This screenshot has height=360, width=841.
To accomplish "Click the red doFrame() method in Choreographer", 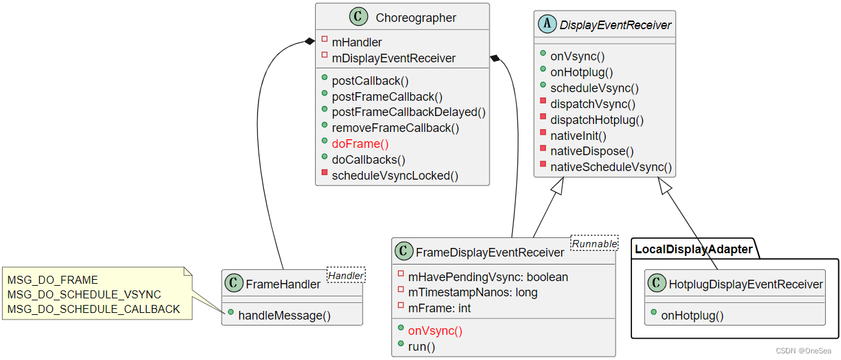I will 360,144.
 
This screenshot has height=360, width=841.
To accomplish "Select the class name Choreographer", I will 416,18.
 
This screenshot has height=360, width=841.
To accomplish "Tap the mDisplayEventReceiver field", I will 393,58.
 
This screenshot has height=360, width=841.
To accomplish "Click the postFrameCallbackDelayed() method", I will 409,112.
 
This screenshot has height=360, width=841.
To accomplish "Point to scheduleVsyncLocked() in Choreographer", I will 395,176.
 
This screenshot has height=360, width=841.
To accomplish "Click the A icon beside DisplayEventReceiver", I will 548,25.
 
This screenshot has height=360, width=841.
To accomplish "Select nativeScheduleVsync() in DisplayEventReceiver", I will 611,168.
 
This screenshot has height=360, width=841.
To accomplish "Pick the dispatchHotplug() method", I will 597,120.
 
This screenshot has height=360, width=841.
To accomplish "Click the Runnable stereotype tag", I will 594,243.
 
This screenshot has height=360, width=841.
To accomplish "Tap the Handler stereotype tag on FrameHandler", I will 346,275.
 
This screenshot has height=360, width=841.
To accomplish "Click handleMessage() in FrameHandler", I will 285,316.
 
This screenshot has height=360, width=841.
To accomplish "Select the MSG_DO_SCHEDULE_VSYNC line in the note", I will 84,294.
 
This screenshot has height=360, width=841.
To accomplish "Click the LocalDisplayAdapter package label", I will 693,249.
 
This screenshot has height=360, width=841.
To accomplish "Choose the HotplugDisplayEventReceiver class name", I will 745,284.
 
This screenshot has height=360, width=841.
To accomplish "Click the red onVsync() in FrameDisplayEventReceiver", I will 435,331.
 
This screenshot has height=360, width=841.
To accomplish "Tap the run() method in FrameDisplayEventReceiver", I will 422,347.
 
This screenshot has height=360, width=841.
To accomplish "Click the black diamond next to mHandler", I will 309,42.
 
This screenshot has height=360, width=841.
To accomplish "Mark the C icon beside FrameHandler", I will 233,284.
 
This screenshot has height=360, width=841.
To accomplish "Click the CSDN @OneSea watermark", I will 805,351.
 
